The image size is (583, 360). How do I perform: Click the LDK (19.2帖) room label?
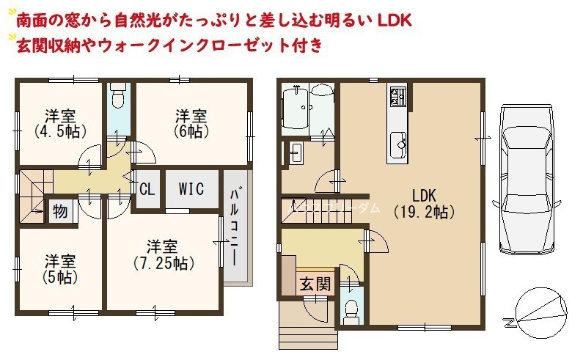[424, 203]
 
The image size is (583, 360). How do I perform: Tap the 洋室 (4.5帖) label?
[60, 124]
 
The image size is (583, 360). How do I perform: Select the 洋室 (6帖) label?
[191, 124]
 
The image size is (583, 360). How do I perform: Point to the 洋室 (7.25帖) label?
[164, 255]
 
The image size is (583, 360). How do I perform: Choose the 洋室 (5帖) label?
[60, 270]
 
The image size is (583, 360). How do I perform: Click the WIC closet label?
[191, 189]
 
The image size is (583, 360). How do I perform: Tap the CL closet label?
[147, 189]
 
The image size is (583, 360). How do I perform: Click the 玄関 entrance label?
[315, 284]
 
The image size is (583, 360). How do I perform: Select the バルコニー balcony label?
[234, 227]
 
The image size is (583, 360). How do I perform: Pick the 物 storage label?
[60, 211]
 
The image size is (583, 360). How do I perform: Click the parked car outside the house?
[527, 179]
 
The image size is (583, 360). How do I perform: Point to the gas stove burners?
[397, 95]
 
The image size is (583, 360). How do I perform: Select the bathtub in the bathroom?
[295, 108]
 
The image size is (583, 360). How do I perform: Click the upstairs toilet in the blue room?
[119, 95]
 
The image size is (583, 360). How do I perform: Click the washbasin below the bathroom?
[296, 153]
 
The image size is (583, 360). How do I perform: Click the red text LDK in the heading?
[394, 21]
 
